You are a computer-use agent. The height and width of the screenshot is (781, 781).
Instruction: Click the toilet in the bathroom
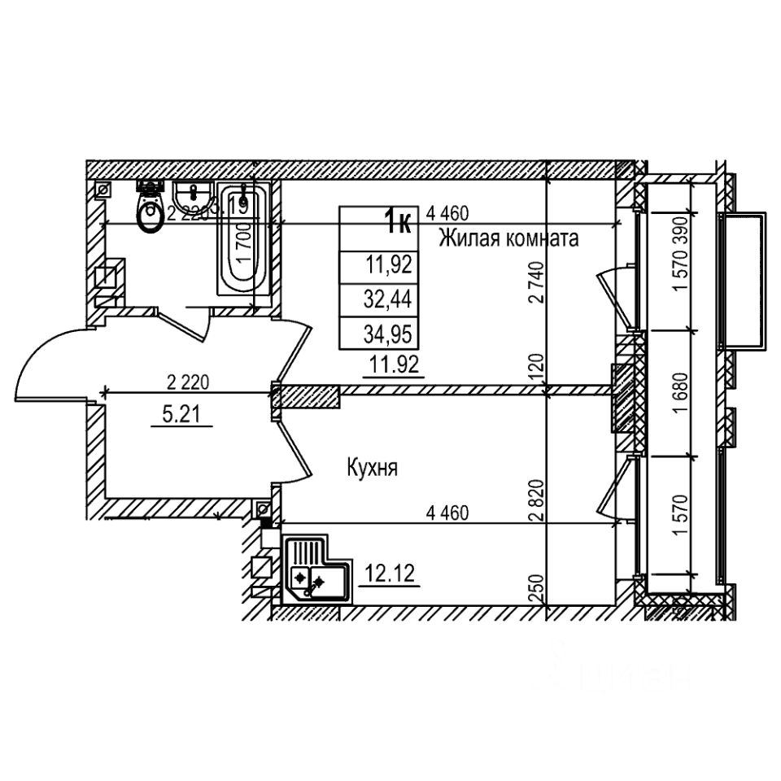(x=150, y=210)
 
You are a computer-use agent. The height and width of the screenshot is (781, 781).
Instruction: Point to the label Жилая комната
(x=508, y=238)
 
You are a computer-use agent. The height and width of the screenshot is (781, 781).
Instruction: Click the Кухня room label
(x=372, y=468)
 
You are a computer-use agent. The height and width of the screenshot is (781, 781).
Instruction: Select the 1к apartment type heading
(x=398, y=220)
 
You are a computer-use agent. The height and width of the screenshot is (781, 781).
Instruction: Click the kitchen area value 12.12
(x=390, y=574)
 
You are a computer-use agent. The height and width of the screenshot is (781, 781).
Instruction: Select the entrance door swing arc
(x=41, y=358)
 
